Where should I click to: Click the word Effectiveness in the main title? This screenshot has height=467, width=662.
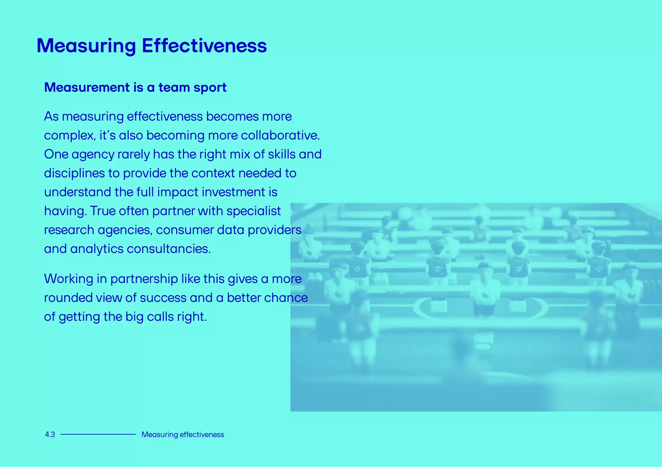204,46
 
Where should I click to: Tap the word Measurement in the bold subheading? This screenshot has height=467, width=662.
87,88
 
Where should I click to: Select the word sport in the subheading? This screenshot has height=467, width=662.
210,88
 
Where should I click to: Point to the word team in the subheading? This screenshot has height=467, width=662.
174,88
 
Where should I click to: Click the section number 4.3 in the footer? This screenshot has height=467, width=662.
50,435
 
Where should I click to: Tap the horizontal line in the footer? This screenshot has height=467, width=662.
98,435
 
